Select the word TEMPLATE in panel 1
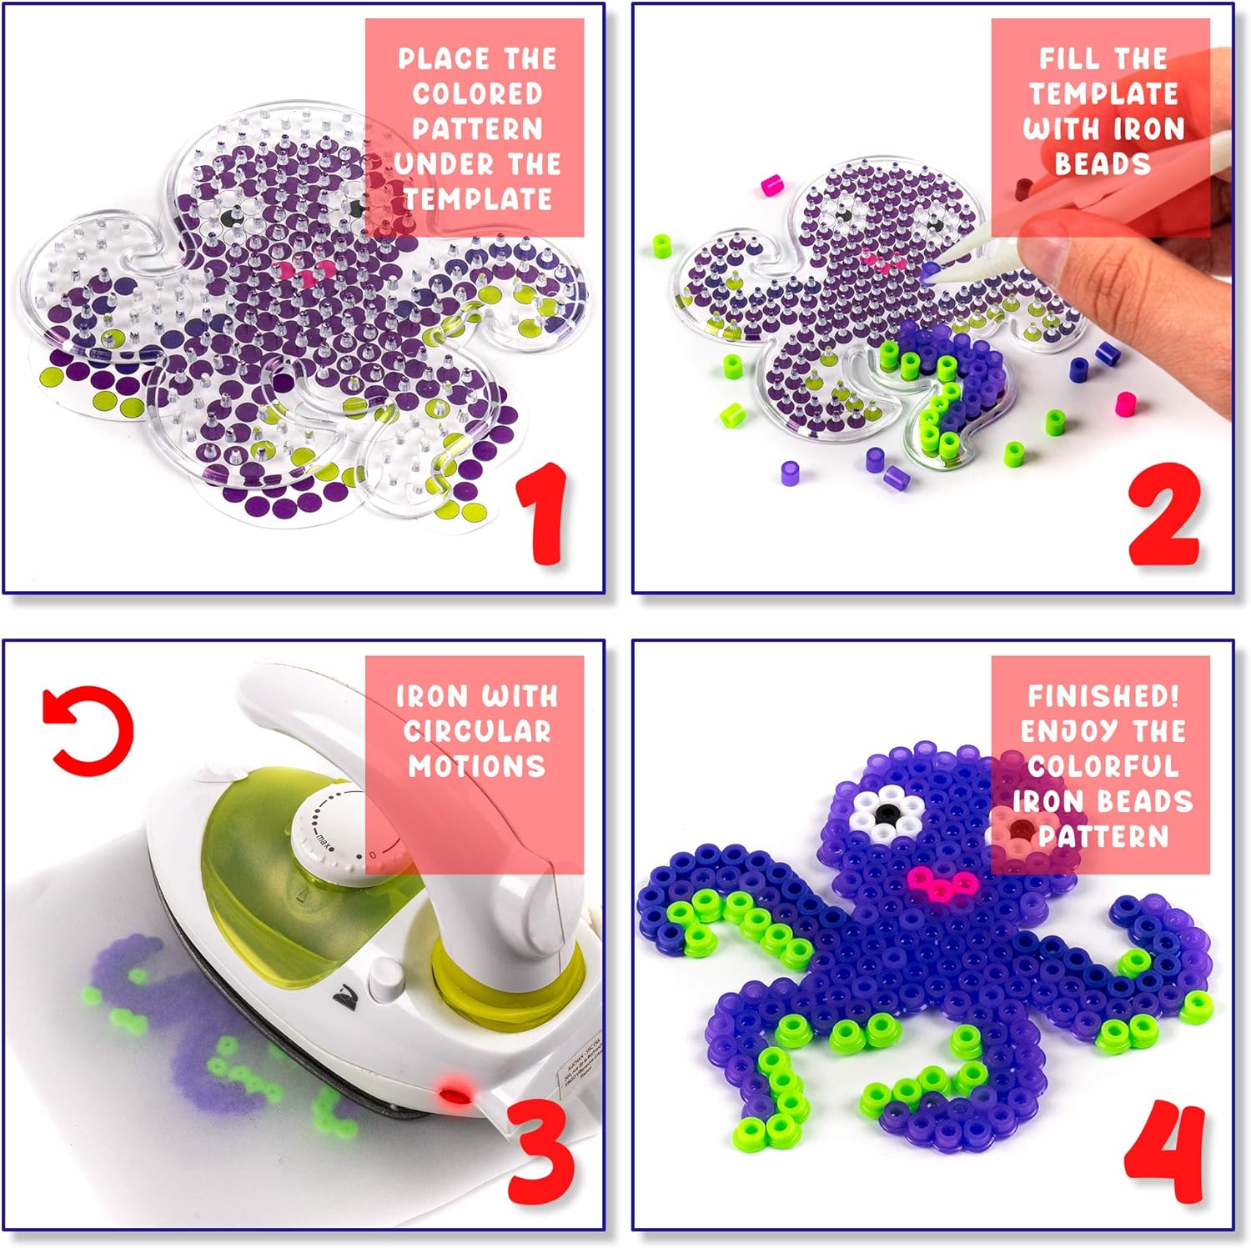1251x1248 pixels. point(477,199)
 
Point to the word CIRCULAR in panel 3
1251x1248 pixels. point(476,731)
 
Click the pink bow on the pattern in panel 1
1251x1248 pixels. point(306,271)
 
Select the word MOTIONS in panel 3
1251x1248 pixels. point(476,766)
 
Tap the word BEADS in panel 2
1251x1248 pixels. point(1103,163)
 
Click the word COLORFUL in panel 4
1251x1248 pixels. point(1103,765)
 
